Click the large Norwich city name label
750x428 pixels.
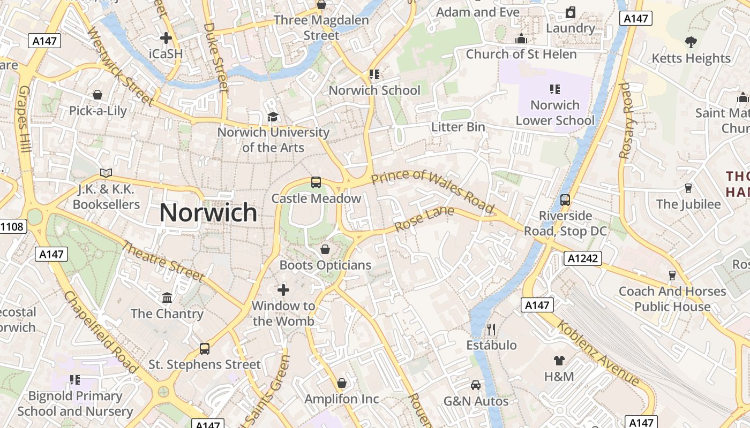[208, 213]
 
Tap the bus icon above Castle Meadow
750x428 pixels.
[316, 182]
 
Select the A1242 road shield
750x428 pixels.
[583, 259]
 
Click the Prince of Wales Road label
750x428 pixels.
[432, 190]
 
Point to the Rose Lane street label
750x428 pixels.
[424, 219]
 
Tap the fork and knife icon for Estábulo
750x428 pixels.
[491, 329]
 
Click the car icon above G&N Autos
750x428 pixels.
[476, 385]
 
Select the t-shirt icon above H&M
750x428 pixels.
[559, 361]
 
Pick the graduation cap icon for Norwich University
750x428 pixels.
[273, 117]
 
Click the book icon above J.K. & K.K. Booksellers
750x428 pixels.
[106, 173]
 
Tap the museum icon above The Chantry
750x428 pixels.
[167, 297]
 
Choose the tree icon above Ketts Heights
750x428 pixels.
[691, 42]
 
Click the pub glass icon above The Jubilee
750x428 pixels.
[688, 188]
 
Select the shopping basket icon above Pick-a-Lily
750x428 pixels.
[97, 95]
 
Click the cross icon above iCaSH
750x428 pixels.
[166, 38]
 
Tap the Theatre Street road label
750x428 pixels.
[163, 262]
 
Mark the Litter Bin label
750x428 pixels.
[458, 127]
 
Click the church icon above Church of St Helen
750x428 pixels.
[521, 39]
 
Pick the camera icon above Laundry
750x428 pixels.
[571, 12]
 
